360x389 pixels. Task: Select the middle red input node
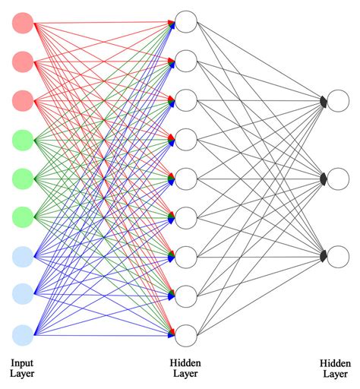pos(23,61)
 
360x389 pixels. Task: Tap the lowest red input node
pos(23,100)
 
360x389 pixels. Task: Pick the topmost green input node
pos(23,139)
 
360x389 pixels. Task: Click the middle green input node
pos(23,178)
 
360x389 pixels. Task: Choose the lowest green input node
pos(23,217)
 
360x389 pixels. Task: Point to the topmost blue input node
pos(23,256)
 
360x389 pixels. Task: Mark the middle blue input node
pos(23,295)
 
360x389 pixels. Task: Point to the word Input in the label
pos(23,362)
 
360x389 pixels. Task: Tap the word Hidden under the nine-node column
pos(186,362)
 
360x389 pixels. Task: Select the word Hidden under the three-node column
pos(334,362)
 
